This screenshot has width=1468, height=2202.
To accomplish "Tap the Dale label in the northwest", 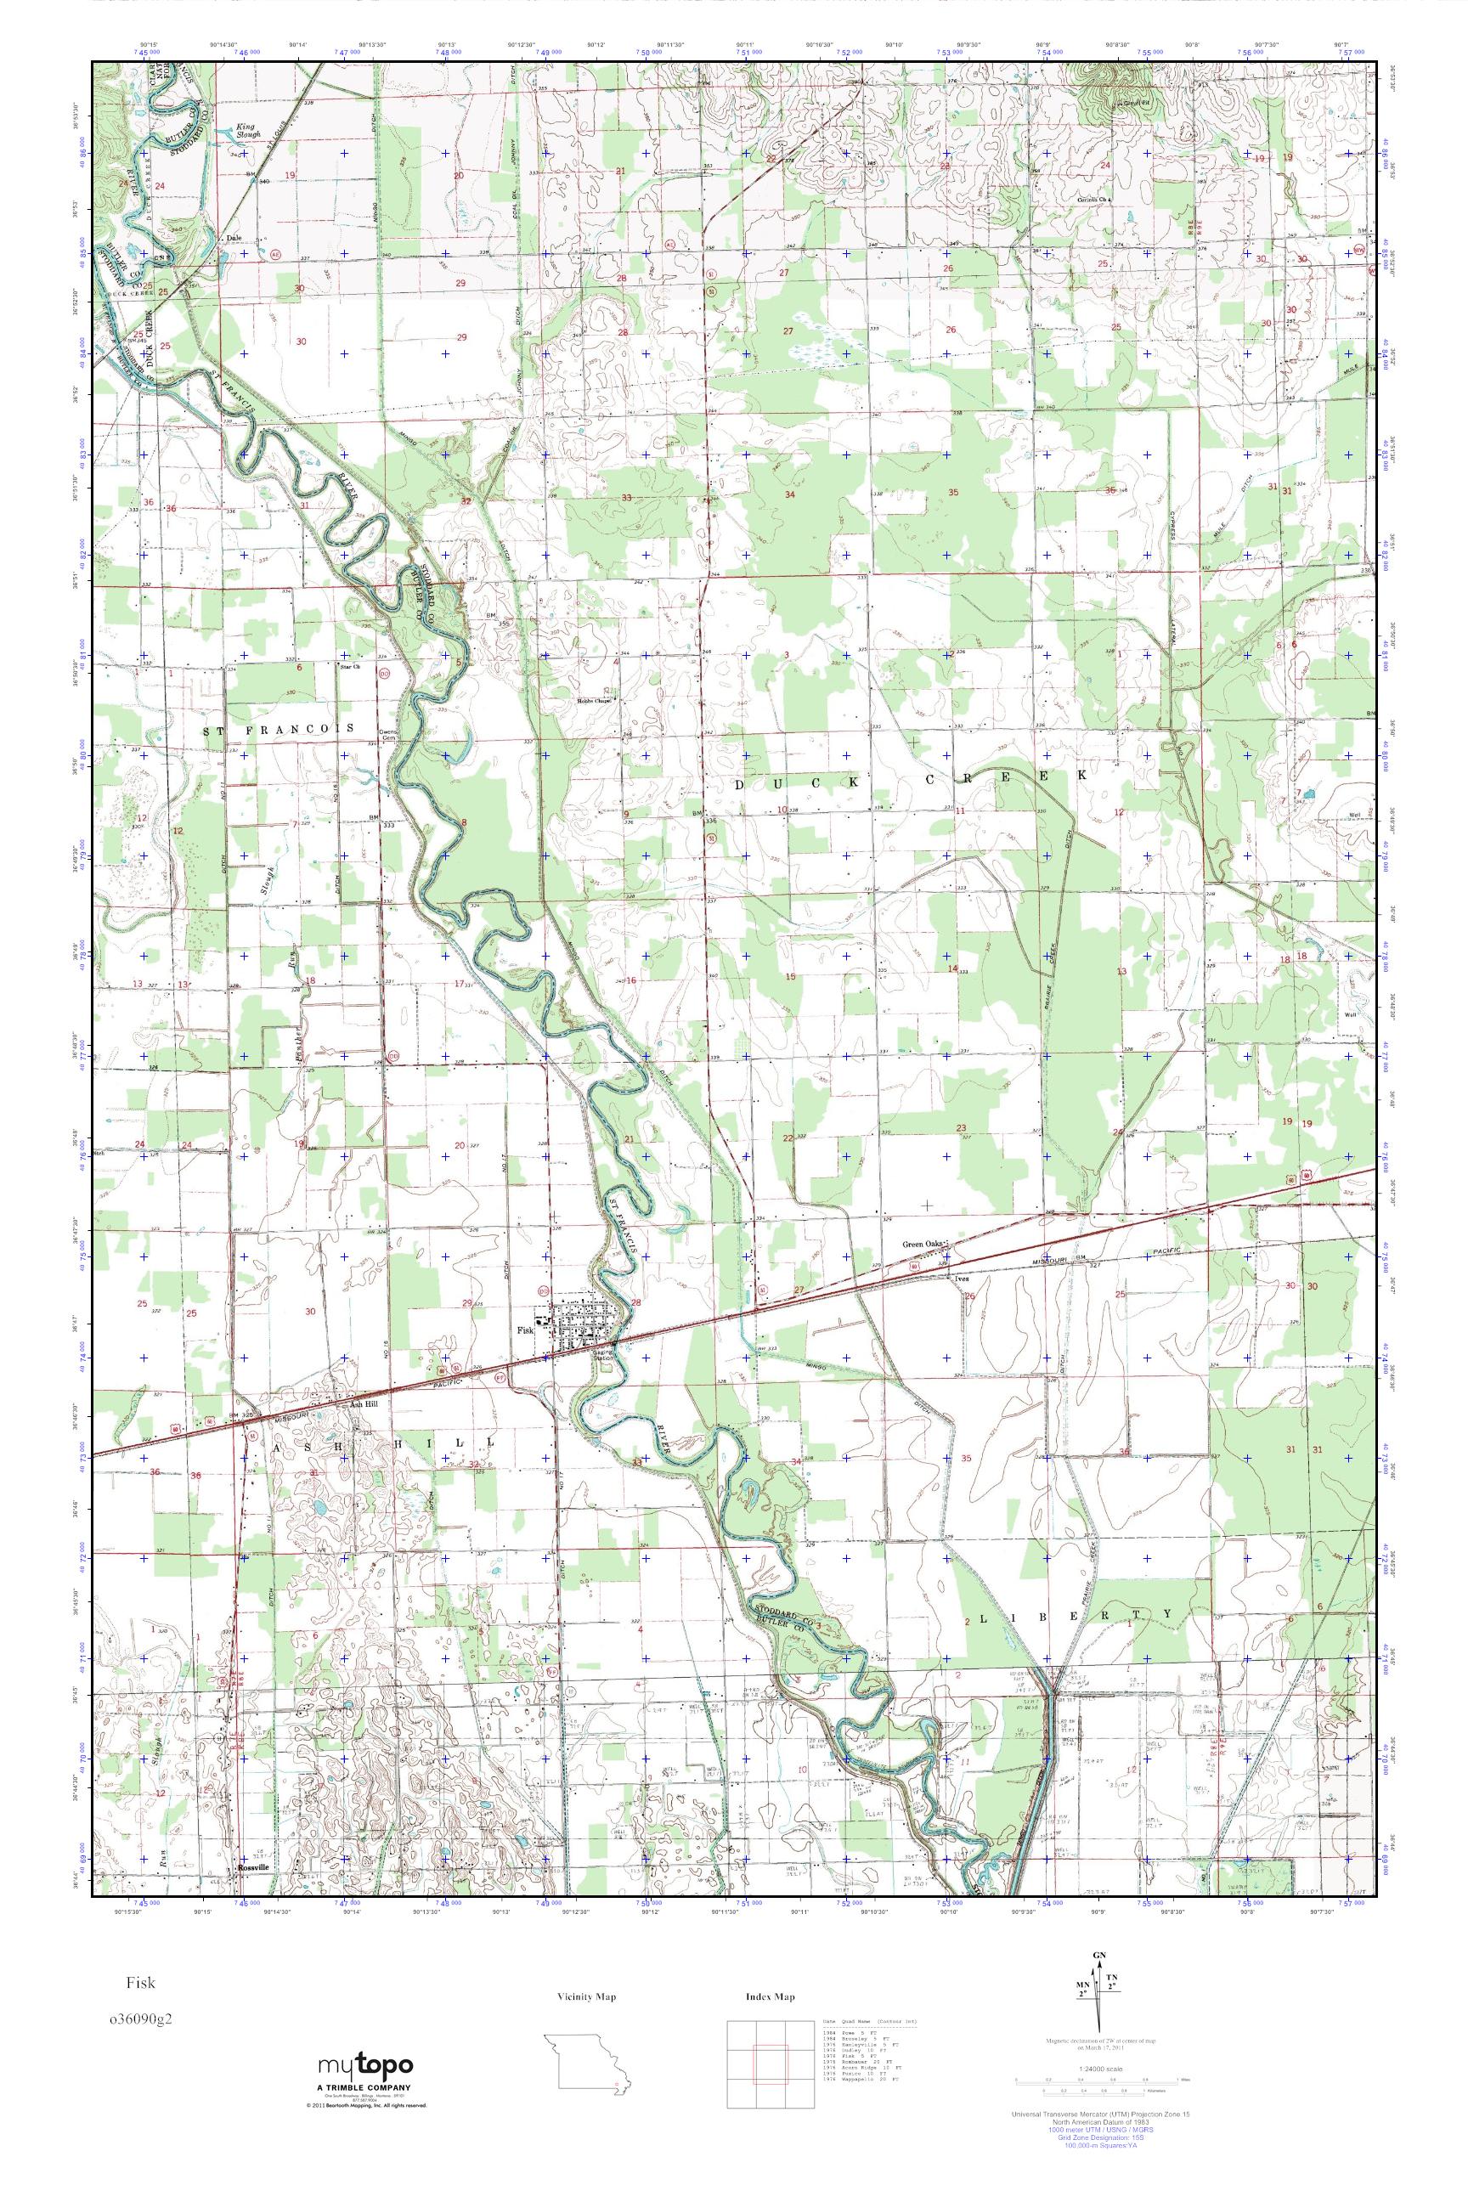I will coord(235,238).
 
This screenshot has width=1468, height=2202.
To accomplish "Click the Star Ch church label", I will coord(349,666).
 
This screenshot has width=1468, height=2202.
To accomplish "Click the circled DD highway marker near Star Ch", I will coord(384,671).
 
